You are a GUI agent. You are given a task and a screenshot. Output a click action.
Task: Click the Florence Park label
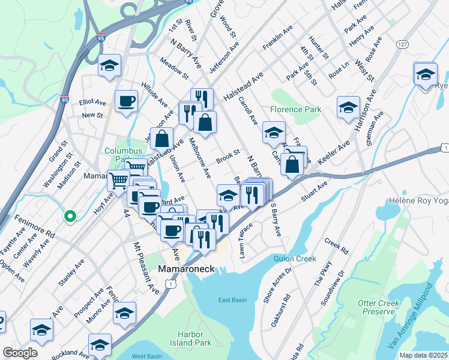click(295, 110)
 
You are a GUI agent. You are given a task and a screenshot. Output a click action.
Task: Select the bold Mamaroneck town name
click(186, 270)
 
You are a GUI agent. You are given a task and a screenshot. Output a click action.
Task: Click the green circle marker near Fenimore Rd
click(70, 216)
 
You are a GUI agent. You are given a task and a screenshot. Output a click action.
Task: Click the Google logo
click(19, 353)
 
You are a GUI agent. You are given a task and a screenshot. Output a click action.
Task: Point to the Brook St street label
click(228, 157)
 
